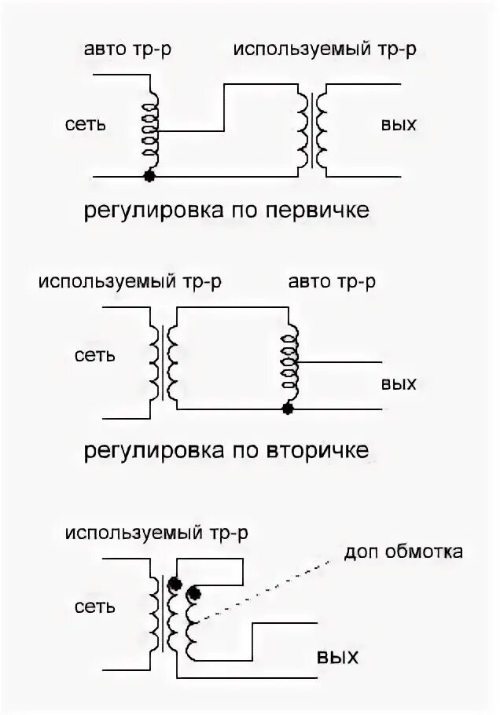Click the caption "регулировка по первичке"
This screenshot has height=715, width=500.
pos(226,210)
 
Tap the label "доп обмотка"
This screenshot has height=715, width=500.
pos(403,552)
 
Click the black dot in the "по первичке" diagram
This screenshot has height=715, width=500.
pos(148,176)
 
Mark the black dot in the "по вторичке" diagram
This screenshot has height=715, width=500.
pos(289,409)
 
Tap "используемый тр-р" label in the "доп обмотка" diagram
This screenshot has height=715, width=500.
pos(158,533)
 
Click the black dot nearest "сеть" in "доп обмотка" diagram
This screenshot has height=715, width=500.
pos(175,584)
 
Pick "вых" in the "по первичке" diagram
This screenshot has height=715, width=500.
pos(399,124)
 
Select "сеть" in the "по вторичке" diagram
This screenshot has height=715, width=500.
pos(95,355)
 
